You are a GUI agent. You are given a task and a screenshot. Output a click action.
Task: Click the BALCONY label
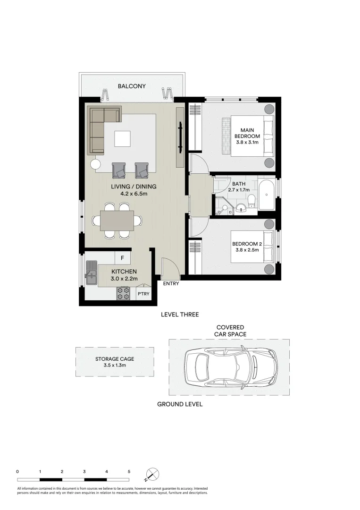click(x=132, y=86)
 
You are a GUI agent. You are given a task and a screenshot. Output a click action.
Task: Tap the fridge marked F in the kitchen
click(x=123, y=258)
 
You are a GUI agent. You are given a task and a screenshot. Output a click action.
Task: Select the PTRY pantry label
click(x=143, y=294)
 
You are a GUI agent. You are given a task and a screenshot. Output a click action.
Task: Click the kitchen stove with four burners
click(x=124, y=293)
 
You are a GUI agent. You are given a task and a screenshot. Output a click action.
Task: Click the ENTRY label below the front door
click(x=171, y=284)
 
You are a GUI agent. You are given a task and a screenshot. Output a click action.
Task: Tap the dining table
click(x=117, y=221)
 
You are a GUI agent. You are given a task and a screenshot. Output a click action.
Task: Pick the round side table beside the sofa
click(x=96, y=164)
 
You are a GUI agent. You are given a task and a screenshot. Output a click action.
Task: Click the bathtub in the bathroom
click(x=267, y=194)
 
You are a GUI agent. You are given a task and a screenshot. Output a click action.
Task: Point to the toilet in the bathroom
click(x=252, y=201)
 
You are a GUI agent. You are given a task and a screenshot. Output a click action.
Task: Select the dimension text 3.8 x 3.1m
click(x=248, y=142)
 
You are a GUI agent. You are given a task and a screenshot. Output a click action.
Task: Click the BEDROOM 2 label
click(x=247, y=244)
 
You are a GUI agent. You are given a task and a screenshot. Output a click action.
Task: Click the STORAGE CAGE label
click(x=115, y=359)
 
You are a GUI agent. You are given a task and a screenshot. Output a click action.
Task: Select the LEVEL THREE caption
click(x=179, y=314)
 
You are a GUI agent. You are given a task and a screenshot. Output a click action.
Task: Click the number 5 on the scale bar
click(x=129, y=471)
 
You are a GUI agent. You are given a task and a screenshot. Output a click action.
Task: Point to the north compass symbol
click(x=153, y=474)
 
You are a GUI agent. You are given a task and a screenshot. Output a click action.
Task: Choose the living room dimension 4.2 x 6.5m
click(x=134, y=193)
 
